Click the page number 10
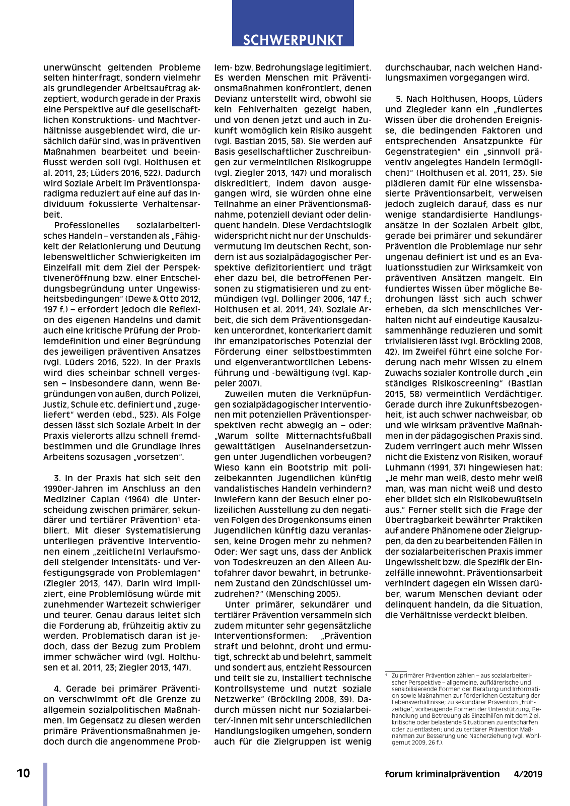[x=23, y=773]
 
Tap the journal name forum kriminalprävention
[x=442, y=774]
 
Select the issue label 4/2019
[x=528, y=774]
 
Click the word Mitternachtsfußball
[x=329, y=436]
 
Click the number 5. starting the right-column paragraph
[x=399, y=99]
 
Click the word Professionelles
[x=87, y=225]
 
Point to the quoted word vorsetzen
[x=164, y=457]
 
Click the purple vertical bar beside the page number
[x=45, y=784]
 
